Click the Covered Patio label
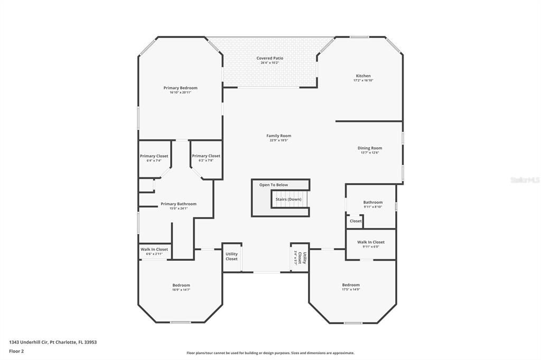pyautogui.click(x=270, y=58)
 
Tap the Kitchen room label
pyautogui.click(x=363, y=76)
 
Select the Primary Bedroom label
pyautogui.click(x=180, y=88)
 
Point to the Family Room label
pyautogui.click(x=278, y=136)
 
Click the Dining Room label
pyautogui.click(x=370, y=148)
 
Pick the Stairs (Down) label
pyautogui.click(x=288, y=199)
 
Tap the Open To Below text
pyautogui.click(x=274, y=185)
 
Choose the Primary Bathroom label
pyautogui.click(x=179, y=204)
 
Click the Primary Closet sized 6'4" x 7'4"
pyautogui.click(x=154, y=156)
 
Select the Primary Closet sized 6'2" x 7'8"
pyautogui.click(x=206, y=156)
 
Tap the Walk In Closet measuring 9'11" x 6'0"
pyautogui.click(x=371, y=242)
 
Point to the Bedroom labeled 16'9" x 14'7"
pyautogui.click(x=181, y=285)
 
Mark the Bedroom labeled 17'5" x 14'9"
pyautogui.click(x=351, y=285)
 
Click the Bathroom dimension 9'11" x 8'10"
pyautogui.click(x=373, y=207)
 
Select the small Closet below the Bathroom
pyautogui.click(x=356, y=221)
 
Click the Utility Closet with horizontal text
pyautogui.click(x=231, y=257)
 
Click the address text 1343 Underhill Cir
pyautogui.click(x=29, y=342)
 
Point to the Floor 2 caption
pyautogui.click(x=16, y=350)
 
